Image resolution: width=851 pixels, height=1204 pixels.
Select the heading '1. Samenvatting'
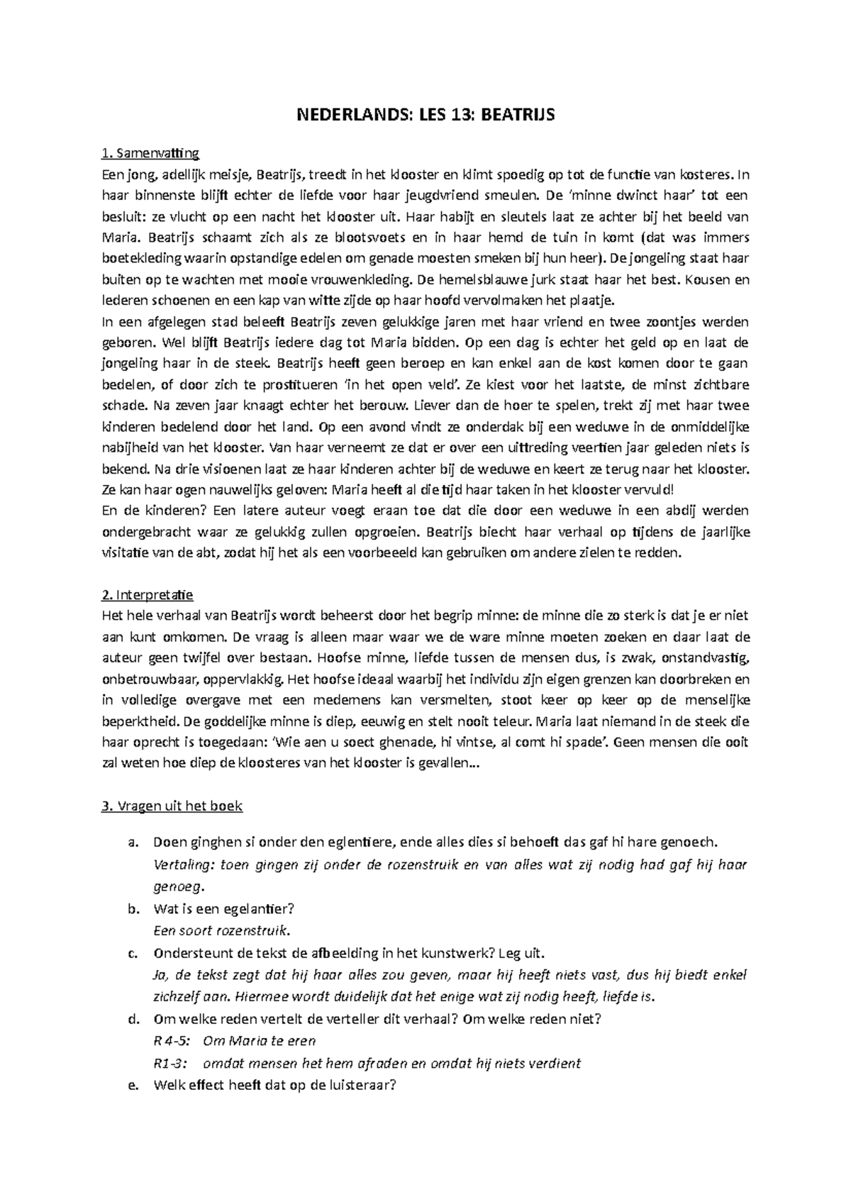pyautogui.click(x=150, y=152)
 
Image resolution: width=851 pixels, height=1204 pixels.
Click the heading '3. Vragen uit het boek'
pyautogui.click(x=172, y=806)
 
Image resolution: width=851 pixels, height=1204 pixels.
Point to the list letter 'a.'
pyautogui.click(x=131, y=842)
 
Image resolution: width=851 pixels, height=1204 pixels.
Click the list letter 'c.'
pyautogui.click(x=131, y=953)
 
